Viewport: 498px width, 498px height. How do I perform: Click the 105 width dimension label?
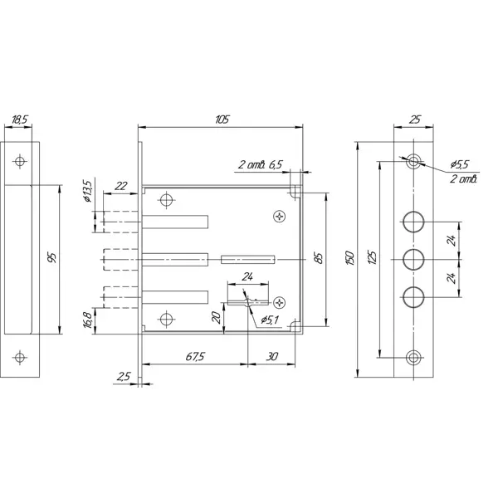point(222,120)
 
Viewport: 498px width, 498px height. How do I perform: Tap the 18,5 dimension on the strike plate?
point(20,120)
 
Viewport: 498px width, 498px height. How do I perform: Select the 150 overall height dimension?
point(349,258)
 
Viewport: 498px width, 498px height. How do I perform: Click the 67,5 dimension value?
point(195,357)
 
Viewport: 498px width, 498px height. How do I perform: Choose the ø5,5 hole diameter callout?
point(460,164)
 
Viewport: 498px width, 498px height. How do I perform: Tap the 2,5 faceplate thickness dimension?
point(123,377)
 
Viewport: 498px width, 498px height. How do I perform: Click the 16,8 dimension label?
point(88,320)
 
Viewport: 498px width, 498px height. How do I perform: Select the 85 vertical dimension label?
point(320,258)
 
